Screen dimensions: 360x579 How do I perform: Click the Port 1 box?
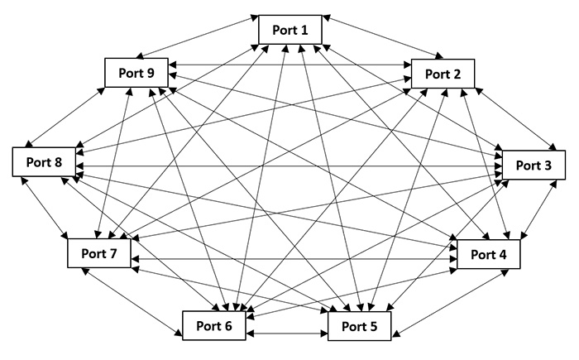pos(289,30)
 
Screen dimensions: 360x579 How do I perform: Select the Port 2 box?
pos(443,74)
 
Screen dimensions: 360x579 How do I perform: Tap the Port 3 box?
pos(534,165)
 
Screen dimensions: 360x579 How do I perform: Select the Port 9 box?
pos(136,73)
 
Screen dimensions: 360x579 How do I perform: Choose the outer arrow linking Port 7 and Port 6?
pos(132,303)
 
